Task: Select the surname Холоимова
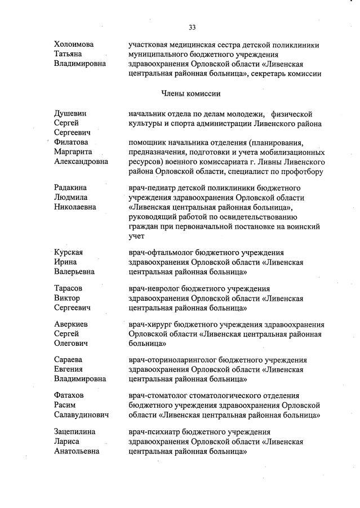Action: click(x=74, y=43)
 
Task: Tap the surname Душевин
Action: click(x=70, y=114)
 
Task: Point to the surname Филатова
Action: click(x=72, y=142)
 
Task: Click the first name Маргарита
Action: click(x=73, y=152)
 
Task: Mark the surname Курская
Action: click(x=69, y=252)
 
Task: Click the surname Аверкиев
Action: click(x=72, y=324)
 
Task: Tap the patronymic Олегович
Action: click(x=71, y=343)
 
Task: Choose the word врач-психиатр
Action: click(x=153, y=432)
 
